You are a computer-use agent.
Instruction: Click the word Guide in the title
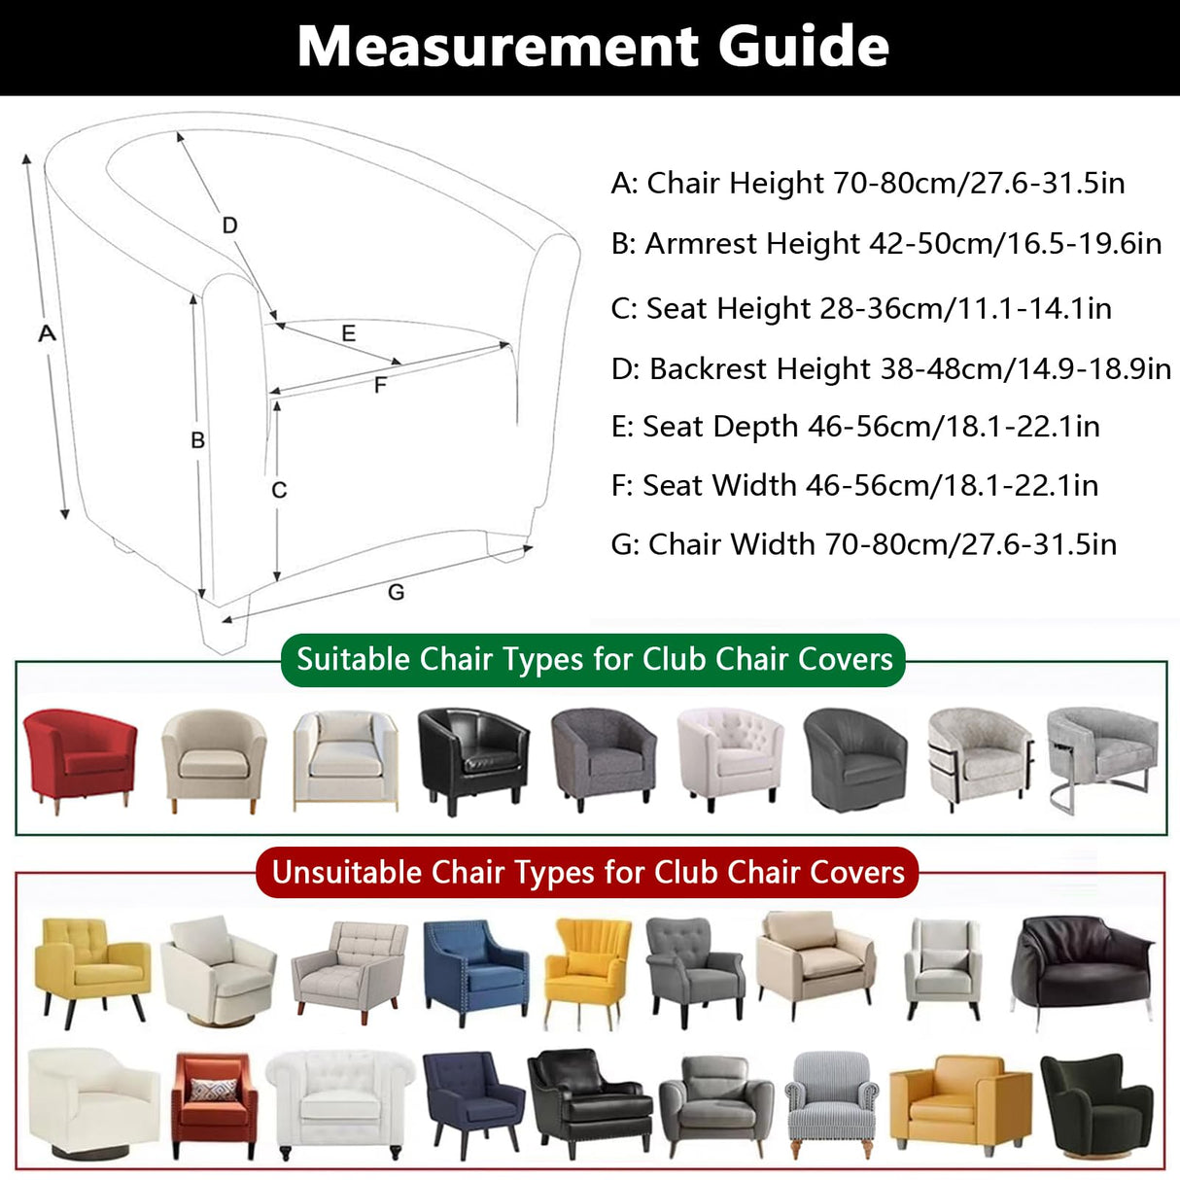[x=803, y=47]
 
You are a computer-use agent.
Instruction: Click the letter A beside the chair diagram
[x=47, y=333]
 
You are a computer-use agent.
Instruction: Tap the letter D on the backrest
[x=229, y=226]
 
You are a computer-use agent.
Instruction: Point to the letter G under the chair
[x=396, y=592]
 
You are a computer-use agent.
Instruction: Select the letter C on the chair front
[x=279, y=490]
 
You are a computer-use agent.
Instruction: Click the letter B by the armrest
[x=197, y=440]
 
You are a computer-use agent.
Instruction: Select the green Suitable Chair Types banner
[x=594, y=660]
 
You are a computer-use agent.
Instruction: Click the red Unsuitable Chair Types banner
[x=588, y=872]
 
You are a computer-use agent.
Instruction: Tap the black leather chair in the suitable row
[x=473, y=756]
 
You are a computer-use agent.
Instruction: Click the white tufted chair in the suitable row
[x=729, y=756]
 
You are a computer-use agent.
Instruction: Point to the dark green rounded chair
[x=1098, y=1104]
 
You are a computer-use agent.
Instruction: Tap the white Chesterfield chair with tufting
[x=340, y=1102]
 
